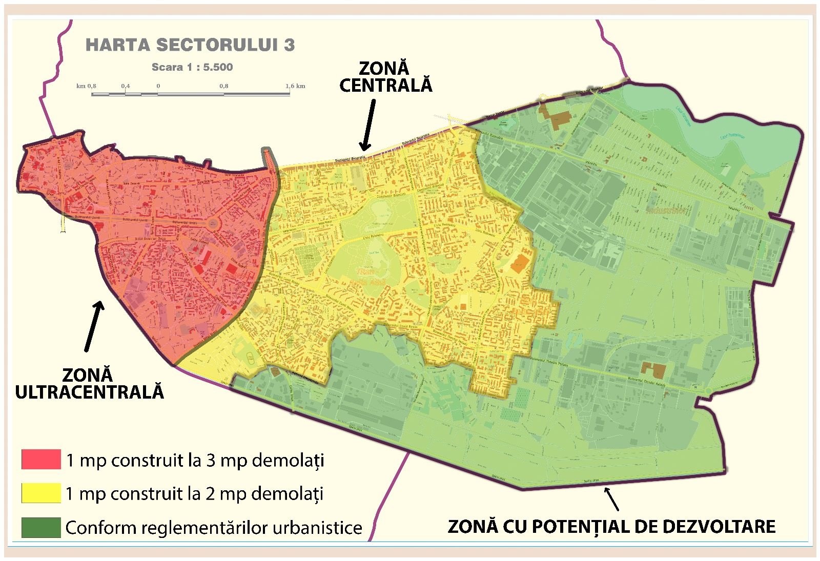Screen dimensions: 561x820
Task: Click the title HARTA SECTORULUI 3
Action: pyautogui.click(x=190, y=45)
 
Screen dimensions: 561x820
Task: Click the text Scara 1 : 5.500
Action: pyautogui.click(x=192, y=67)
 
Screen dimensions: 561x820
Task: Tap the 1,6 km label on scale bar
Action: pyautogui.click(x=295, y=86)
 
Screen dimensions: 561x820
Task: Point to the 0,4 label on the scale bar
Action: pyautogui.click(x=126, y=86)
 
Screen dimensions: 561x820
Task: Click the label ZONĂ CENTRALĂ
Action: pyautogui.click(x=385, y=77)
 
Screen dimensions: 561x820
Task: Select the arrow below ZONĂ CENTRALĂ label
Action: pyautogui.click(x=368, y=125)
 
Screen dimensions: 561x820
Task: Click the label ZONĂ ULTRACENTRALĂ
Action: pyautogui.click(x=89, y=383)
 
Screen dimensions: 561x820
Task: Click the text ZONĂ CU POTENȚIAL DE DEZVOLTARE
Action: pyautogui.click(x=611, y=527)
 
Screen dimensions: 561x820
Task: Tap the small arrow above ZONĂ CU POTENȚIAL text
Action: pyautogui.click(x=611, y=498)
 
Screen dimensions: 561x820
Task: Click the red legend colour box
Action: pyautogui.click(x=41, y=460)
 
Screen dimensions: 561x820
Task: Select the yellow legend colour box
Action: pyautogui.click(x=41, y=493)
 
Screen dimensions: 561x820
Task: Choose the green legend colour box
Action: pyautogui.click(x=41, y=527)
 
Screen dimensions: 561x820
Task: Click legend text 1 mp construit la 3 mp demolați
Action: pyautogui.click(x=195, y=460)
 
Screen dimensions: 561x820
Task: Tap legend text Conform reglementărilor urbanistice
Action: pyautogui.click(x=214, y=528)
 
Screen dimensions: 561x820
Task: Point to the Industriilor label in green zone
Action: pyautogui.click(x=665, y=211)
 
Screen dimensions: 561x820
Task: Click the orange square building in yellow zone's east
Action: pyautogui.click(x=519, y=263)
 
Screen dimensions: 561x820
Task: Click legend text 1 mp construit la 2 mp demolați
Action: pyautogui.click(x=195, y=494)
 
